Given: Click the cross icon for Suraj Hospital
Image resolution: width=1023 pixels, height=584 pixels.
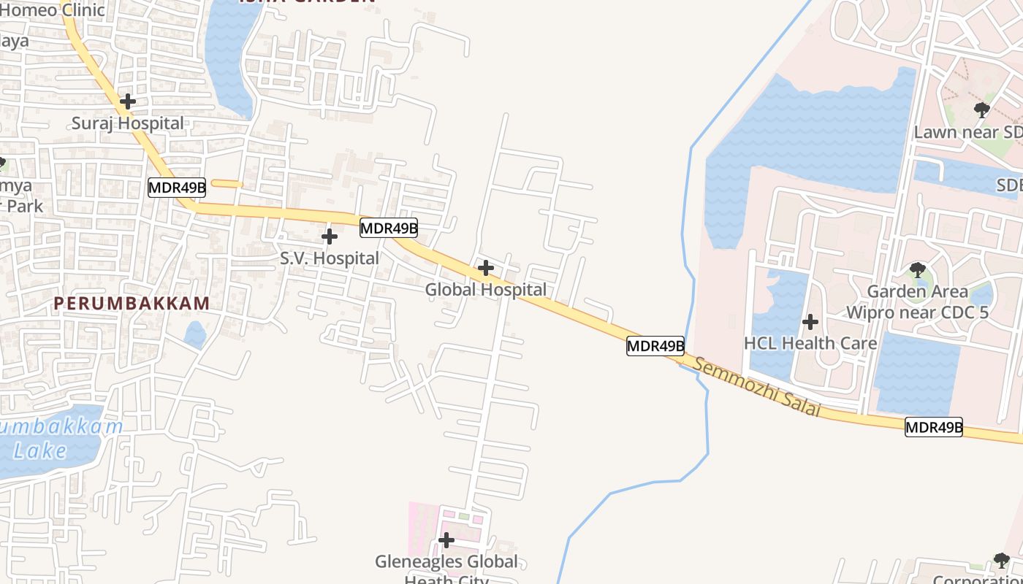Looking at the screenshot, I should click(x=128, y=101).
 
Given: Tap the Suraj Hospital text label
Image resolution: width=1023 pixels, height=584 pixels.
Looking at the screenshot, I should click(x=128, y=123).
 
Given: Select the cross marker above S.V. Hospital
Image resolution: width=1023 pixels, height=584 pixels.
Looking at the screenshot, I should click(x=330, y=237).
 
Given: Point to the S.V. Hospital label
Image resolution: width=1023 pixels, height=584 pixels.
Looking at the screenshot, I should click(x=330, y=258).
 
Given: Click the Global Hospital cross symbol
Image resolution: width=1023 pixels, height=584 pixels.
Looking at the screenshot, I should click(x=485, y=268).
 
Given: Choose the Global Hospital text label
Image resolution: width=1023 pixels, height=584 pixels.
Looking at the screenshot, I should click(x=485, y=290).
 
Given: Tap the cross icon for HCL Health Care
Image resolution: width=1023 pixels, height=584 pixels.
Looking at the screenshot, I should click(x=810, y=322).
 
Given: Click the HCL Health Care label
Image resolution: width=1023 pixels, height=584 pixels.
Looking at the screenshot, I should click(x=810, y=343).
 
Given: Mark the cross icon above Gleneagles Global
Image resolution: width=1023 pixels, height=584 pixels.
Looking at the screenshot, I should click(x=446, y=540).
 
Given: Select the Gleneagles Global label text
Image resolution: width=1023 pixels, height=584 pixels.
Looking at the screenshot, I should click(x=446, y=562).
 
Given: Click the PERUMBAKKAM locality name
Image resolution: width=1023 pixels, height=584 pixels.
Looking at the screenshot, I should click(x=132, y=303).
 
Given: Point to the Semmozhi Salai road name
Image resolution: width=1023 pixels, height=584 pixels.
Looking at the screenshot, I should click(x=757, y=387).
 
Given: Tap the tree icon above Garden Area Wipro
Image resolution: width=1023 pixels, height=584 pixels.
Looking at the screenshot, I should click(x=918, y=270).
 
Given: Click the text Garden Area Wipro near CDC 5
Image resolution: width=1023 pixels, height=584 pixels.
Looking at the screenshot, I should click(x=917, y=302).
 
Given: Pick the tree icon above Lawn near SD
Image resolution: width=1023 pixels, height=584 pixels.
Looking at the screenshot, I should click(x=982, y=110).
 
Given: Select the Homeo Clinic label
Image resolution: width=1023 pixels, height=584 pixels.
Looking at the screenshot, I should click(x=53, y=10).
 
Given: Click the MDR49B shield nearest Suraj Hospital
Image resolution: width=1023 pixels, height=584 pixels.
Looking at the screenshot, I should click(x=177, y=188).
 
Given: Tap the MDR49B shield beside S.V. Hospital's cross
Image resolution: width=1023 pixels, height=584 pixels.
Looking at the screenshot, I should click(x=389, y=228).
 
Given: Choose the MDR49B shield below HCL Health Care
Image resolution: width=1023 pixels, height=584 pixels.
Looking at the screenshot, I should click(x=934, y=427).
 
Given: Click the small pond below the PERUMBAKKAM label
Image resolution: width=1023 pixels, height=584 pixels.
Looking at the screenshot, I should click(x=195, y=335).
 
